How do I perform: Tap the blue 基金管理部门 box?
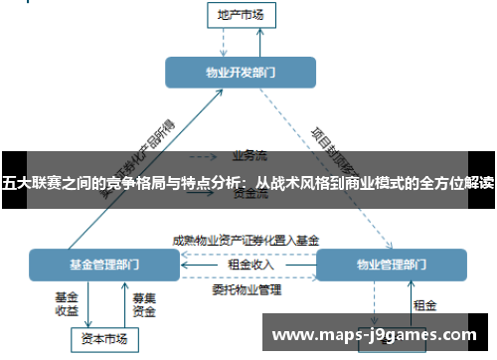pos(104,266)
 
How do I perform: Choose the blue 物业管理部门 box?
pos(391,266)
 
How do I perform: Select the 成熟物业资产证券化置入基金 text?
pos(246,240)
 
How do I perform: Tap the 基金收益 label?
pos(67,303)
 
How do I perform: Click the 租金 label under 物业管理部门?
pos(424,304)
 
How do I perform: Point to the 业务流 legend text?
pos(248,156)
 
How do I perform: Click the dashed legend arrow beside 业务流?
pos(203,156)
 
